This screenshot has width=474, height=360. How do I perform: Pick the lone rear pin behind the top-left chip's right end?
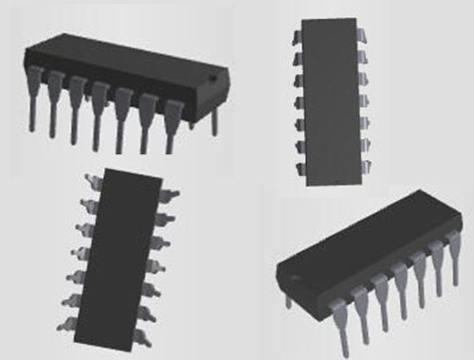point(214,117)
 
